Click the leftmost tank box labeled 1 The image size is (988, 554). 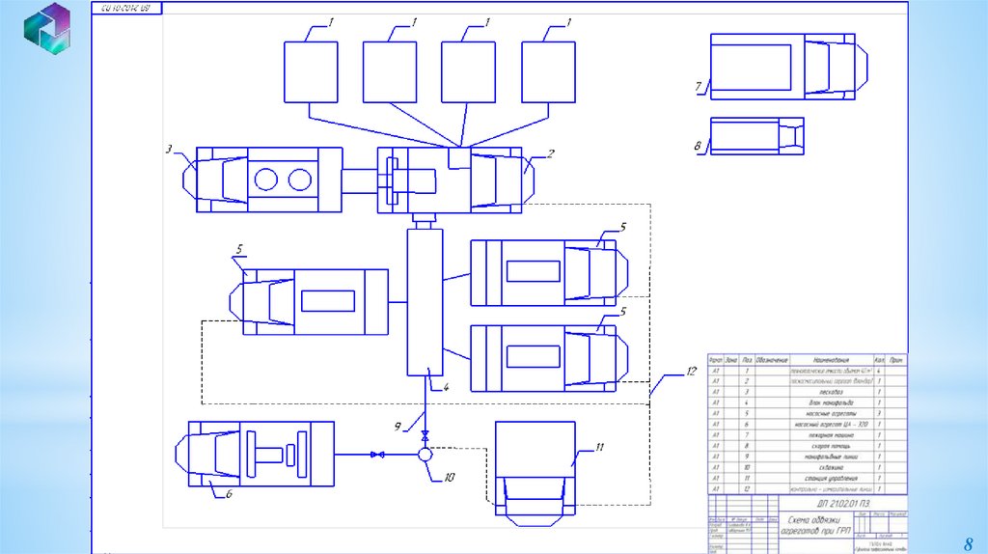coord(311,71)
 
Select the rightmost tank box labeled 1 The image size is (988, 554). coord(547,71)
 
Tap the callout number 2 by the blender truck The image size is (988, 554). coord(550,152)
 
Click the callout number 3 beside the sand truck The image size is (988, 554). coord(169,149)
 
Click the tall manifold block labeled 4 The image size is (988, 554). coord(425,301)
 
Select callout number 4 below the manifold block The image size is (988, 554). coord(446,386)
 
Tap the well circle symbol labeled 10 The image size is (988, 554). coord(425,454)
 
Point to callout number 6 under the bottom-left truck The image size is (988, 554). coord(229,493)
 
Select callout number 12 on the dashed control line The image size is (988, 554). coord(691,370)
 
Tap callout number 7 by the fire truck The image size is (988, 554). coord(697,87)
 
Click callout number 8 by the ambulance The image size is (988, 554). coord(697,146)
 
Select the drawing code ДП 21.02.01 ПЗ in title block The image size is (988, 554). coord(835,503)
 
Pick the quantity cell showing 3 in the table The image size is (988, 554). coord(880,412)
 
